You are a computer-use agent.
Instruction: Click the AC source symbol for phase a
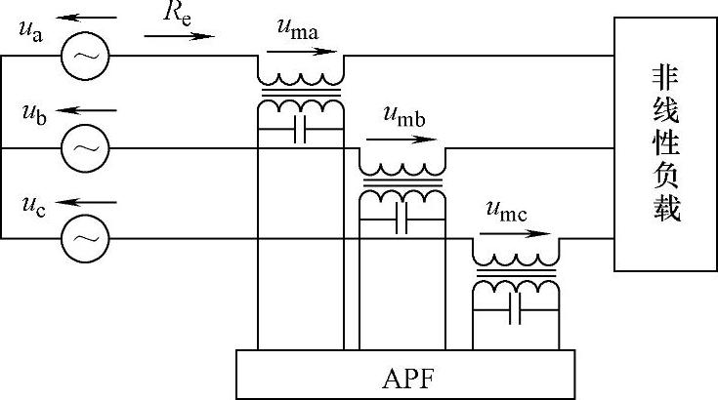[85, 57]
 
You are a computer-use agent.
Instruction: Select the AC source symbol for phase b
[85, 147]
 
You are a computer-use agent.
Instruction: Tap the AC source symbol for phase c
[85, 237]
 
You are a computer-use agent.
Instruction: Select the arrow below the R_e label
[179, 37]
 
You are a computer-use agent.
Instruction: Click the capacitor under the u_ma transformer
[300, 132]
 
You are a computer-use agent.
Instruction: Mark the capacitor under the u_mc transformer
[515, 312]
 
